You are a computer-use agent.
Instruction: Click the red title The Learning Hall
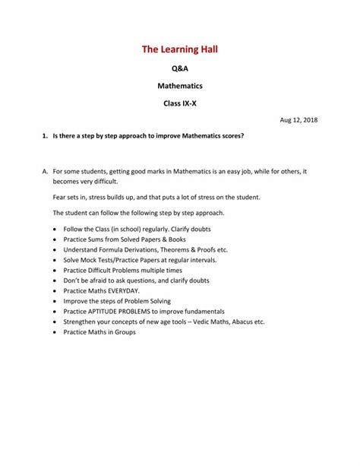coord(179,50)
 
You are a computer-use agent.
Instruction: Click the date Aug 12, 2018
coord(298,120)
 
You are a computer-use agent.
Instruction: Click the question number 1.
coord(43,137)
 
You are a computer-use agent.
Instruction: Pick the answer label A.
coord(44,172)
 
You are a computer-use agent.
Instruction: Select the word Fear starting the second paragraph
coord(60,197)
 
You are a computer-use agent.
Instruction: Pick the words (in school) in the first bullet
coord(125,228)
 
